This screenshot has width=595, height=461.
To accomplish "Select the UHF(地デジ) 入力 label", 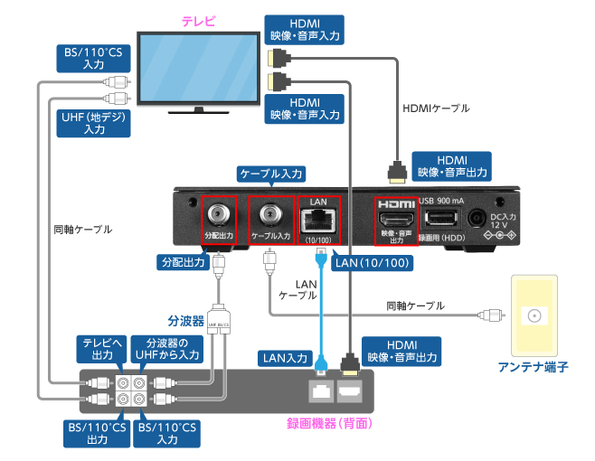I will click(93, 123).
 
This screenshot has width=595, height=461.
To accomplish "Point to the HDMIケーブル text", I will click(435, 108).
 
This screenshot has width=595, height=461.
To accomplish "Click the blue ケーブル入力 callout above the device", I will click(271, 172).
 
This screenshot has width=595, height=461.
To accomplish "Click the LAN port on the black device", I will click(317, 218).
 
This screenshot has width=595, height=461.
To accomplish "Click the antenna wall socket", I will click(534, 316).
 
